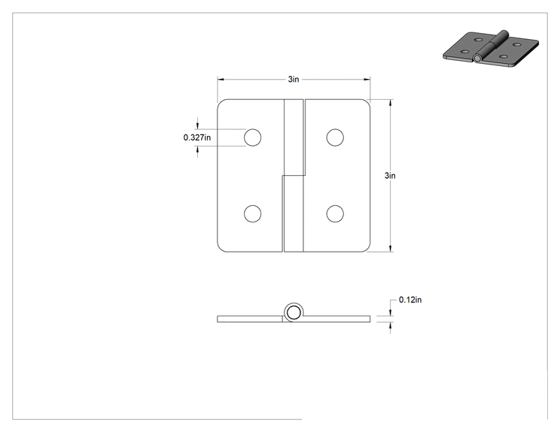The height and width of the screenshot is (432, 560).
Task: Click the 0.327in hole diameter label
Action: point(196,137)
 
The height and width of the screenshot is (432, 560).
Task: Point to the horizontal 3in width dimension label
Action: point(294,79)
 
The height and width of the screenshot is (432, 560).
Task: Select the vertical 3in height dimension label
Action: point(390,175)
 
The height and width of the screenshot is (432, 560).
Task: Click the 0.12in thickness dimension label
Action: point(410,300)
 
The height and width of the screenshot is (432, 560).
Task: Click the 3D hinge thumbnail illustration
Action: point(491,49)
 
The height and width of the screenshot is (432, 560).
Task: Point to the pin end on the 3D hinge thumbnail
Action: point(477,59)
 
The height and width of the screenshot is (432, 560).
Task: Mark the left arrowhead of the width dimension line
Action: point(221,80)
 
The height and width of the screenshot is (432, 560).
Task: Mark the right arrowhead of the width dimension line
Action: point(367,80)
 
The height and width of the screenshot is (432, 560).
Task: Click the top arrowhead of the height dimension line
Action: point(391,103)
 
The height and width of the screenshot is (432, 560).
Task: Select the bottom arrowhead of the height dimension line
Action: point(391,249)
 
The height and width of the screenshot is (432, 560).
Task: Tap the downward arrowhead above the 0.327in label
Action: point(197,125)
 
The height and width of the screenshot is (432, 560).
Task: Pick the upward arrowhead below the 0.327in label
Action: point(197,150)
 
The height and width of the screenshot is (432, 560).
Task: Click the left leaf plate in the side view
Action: point(250,319)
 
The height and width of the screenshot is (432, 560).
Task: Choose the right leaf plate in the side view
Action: point(336,319)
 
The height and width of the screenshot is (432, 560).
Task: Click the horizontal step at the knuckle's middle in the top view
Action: point(294,175)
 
